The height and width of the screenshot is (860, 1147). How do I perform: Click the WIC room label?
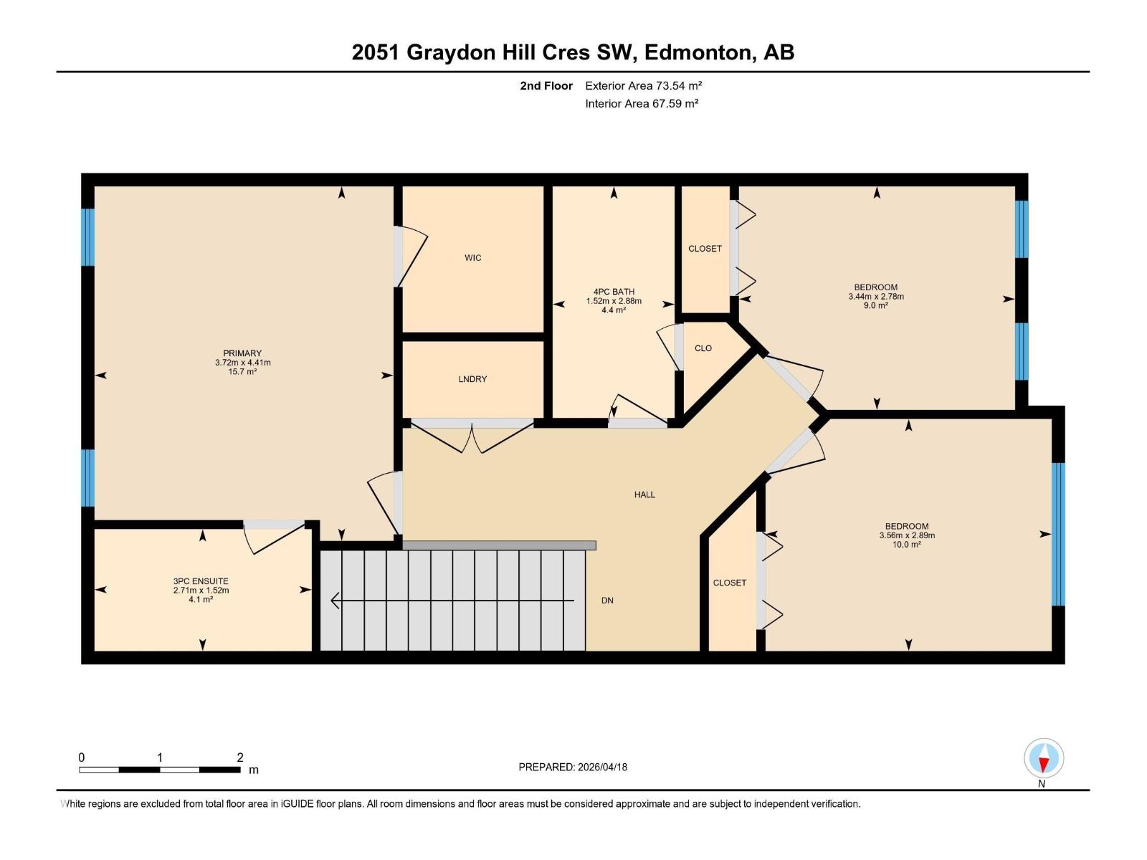tap(472, 258)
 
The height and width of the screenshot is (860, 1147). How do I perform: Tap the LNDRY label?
tap(472, 379)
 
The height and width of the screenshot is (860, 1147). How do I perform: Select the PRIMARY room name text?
tap(242, 353)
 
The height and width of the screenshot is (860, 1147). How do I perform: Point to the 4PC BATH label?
tap(614, 292)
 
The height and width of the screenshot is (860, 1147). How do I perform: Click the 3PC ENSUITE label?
tap(201, 581)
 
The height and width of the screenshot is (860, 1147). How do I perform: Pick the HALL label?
tap(644, 494)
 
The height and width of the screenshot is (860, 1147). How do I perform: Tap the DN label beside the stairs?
tap(607, 601)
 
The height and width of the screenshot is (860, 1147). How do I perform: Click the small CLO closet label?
tap(703, 348)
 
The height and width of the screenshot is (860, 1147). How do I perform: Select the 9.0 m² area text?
tap(875, 306)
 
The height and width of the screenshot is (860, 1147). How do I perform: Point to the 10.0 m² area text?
tap(907, 545)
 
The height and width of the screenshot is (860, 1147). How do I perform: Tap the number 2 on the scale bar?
tap(240, 758)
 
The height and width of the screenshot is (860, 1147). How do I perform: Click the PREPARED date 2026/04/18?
tap(602, 767)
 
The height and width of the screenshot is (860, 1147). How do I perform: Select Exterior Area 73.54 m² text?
tap(643, 86)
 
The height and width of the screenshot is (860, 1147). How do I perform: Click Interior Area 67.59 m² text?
tap(642, 104)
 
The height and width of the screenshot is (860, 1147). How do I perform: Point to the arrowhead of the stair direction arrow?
tap(335, 601)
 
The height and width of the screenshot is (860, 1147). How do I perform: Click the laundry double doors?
tap(472, 437)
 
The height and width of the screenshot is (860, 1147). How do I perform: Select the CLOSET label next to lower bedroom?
tap(730, 583)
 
